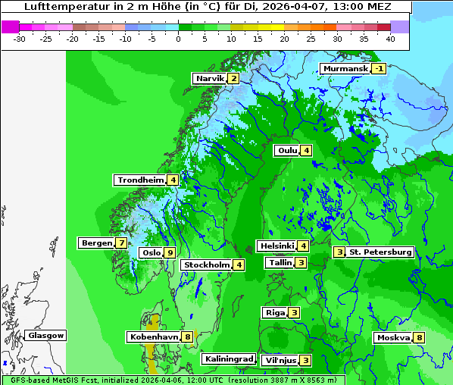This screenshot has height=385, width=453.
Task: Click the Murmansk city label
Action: (345, 68)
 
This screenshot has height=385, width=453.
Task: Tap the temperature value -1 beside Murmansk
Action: (379, 68)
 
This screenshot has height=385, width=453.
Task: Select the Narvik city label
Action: (210, 78)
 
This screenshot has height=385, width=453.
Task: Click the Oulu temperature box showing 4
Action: (305, 150)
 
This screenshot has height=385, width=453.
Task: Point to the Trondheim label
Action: (140, 180)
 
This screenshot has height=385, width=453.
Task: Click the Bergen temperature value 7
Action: (121, 243)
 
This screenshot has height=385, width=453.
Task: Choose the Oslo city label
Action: (151, 252)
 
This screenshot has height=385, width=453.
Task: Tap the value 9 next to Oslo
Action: (170, 252)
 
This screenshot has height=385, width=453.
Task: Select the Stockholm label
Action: (206, 264)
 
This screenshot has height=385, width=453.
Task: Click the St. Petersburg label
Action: (380, 252)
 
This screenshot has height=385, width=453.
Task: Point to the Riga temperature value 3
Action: (294, 312)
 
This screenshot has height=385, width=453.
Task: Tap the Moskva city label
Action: (393, 337)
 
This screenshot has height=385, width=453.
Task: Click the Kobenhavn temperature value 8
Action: (187, 336)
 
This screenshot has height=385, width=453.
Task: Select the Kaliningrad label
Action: (228, 358)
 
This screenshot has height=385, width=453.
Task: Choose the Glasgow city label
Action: (45, 335)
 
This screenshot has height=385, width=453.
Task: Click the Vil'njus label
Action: (279, 360)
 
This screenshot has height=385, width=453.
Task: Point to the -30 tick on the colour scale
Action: (20, 38)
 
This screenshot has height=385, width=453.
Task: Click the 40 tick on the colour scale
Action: (390, 38)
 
